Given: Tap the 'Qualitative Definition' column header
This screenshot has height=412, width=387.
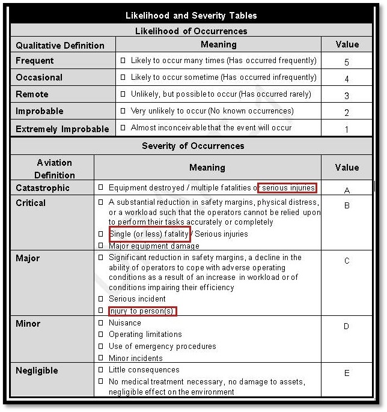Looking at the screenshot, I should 60,45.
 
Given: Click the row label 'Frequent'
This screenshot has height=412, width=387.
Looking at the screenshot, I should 35,61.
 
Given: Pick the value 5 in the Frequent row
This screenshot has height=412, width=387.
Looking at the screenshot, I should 347,62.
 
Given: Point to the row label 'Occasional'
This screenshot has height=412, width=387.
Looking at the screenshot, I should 39,77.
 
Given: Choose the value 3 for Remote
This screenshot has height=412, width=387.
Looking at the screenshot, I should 347,95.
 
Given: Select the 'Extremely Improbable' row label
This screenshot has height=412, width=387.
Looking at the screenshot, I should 62,129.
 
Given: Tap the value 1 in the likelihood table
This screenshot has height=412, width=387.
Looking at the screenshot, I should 347,129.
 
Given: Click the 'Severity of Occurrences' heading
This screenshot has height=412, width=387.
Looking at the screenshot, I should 194,146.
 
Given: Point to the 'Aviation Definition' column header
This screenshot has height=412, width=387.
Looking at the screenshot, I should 54,169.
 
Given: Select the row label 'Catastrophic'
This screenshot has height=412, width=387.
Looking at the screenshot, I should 43,188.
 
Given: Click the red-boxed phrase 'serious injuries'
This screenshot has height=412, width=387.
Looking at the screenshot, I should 287,188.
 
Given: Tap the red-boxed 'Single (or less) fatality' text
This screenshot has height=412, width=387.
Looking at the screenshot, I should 149,234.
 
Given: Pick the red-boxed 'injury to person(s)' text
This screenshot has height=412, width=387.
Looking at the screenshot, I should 142,311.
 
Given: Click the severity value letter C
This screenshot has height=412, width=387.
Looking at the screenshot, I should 347,261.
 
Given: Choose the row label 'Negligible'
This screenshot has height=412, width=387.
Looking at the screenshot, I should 37,371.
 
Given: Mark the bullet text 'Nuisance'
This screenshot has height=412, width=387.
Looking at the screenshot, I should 124,323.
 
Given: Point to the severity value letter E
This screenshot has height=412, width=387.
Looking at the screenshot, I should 347,373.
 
